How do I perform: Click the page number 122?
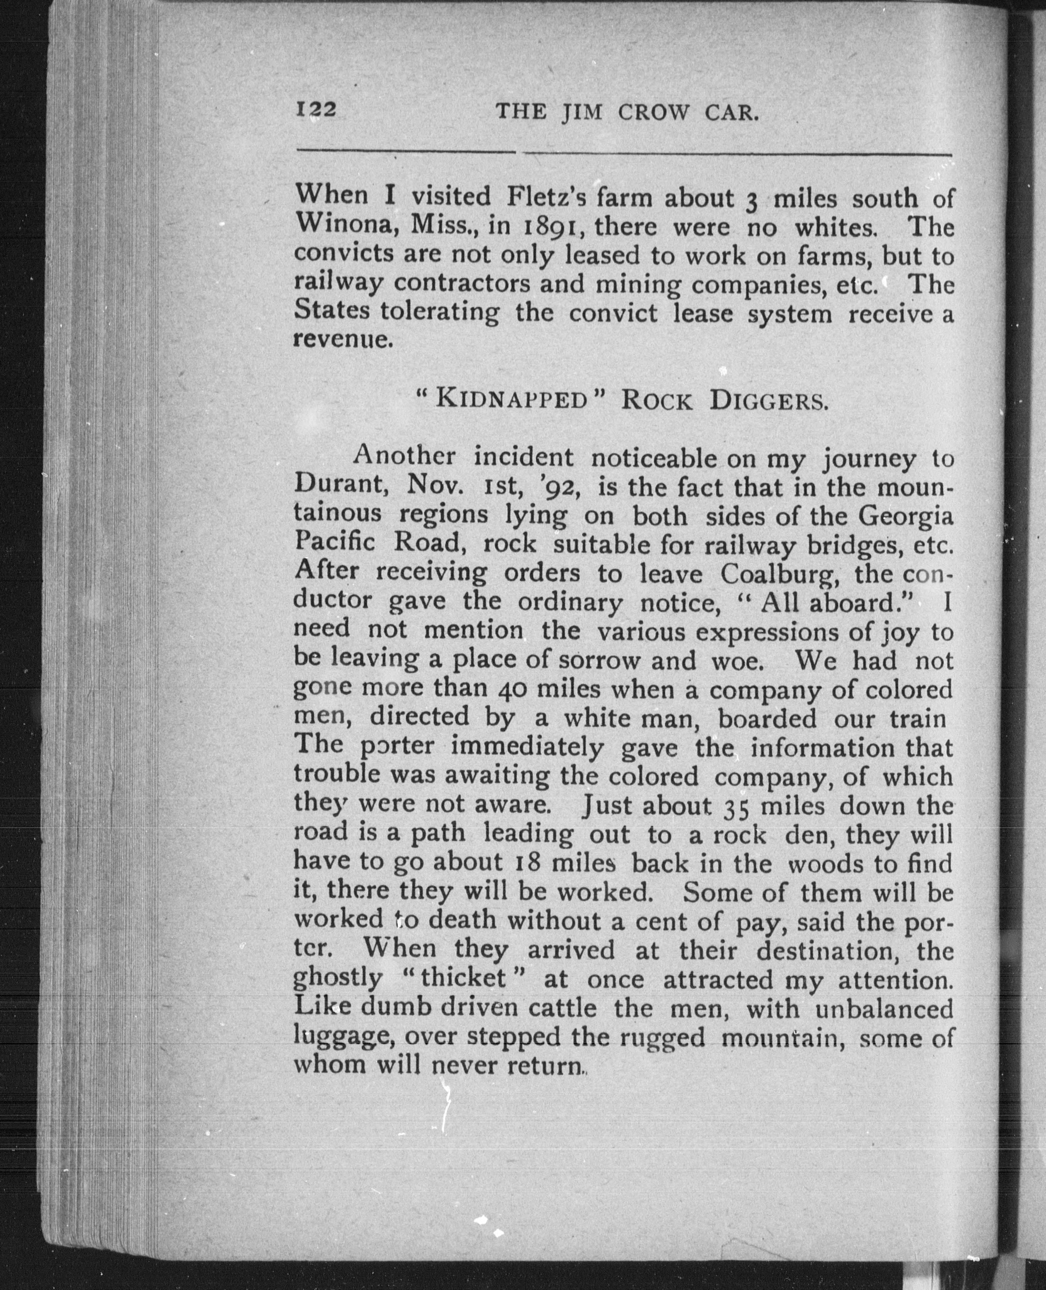click(x=316, y=111)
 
